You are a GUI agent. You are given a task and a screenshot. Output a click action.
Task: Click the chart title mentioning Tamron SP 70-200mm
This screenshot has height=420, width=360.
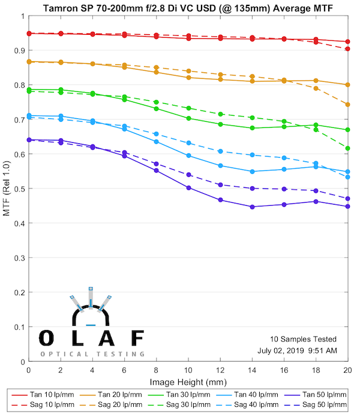[x=187, y=7]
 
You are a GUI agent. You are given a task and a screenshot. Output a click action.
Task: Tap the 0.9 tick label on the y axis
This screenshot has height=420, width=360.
[x=18, y=50]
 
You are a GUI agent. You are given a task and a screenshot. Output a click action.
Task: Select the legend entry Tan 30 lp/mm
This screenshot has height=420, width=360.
[x=192, y=395]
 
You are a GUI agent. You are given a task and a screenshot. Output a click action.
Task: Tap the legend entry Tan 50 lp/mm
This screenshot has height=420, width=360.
[x=325, y=395]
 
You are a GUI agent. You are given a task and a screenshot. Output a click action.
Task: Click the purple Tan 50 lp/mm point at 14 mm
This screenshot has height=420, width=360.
[x=252, y=207]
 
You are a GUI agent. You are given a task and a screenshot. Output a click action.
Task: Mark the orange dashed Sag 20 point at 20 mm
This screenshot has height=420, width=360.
[x=348, y=104]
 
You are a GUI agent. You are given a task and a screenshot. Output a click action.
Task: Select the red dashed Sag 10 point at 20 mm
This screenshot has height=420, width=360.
[x=348, y=49]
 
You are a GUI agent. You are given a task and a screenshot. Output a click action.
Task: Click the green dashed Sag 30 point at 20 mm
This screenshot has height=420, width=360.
[x=348, y=148]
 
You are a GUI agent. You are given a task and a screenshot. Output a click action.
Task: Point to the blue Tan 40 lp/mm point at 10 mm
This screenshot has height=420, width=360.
[x=188, y=155]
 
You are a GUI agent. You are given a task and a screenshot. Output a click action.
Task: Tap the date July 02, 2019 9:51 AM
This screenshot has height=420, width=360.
[x=298, y=350]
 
